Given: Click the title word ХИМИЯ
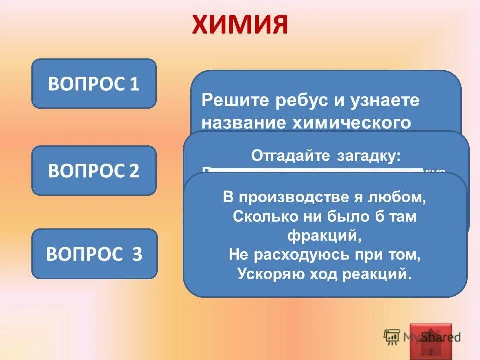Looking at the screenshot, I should coord(240,25).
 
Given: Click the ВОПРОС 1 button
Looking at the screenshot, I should coord(94,84).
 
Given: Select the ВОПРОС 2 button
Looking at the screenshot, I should coord(94,171).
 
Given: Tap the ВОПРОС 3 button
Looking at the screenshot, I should coord(94,254).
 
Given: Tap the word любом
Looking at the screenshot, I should coord(403,197).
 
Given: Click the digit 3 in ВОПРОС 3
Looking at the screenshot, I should coord(137,254).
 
